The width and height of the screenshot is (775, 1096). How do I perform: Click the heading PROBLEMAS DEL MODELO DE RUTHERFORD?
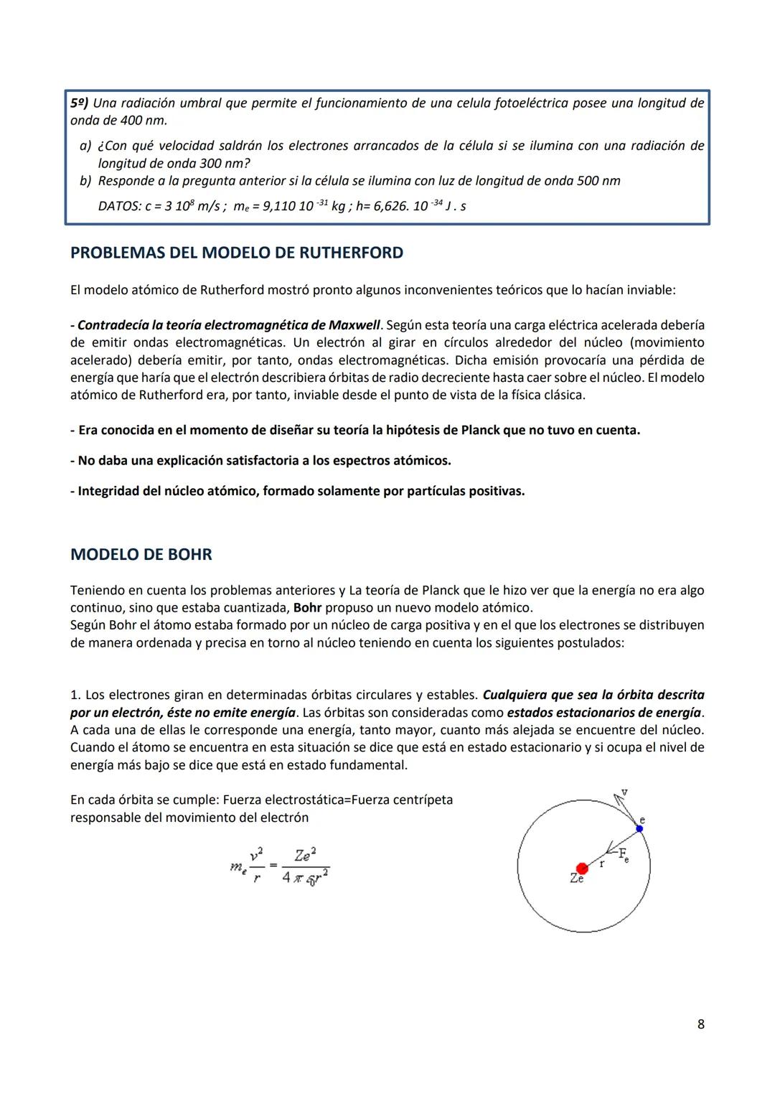tap(237, 253)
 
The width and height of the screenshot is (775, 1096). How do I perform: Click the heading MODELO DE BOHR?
tap(141, 555)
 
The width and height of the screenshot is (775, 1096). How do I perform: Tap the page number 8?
tap(700, 1024)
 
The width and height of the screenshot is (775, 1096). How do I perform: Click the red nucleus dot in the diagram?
tap(582, 868)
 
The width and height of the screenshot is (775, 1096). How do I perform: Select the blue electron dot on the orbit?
tap(639, 828)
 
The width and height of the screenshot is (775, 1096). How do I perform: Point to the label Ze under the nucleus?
tap(577, 879)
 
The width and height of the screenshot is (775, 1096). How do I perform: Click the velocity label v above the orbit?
tap(624, 792)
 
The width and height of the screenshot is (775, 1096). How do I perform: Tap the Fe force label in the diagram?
tap(623, 855)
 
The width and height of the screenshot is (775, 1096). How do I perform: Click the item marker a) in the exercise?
tap(85, 146)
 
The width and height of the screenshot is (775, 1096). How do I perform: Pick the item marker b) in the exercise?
tap(85, 182)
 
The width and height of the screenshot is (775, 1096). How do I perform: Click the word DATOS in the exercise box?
tap(118, 207)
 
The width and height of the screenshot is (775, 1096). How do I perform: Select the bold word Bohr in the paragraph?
tap(307, 608)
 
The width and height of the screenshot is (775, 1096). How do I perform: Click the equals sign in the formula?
tap(273, 865)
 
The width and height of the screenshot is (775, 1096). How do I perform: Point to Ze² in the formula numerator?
tap(305, 855)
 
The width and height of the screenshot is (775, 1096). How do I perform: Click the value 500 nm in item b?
tap(598, 182)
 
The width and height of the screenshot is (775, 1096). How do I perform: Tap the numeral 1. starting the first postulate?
tap(75, 695)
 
